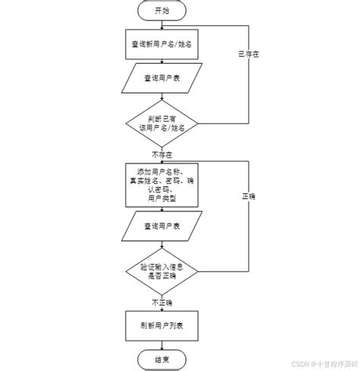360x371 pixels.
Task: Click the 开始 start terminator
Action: [162, 11]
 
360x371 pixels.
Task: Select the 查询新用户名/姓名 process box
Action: [162, 44]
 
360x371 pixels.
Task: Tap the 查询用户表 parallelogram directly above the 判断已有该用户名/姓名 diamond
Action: [162, 78]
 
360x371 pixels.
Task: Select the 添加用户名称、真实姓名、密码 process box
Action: [162, 182]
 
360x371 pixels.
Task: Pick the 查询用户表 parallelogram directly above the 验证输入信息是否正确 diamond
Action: [162, 227]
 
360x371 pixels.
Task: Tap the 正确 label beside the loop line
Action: [248, 196]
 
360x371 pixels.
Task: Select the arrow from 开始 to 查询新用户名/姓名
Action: [162, 24]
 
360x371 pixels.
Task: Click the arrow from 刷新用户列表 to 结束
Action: [162, 344]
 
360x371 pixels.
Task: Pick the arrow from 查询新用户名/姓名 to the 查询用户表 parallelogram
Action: [162, 62]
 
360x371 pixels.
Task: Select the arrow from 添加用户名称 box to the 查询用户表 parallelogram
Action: [162, 209]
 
